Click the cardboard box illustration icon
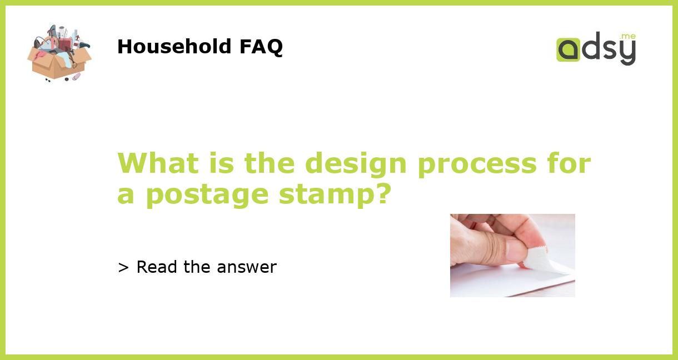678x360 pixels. [59, 53]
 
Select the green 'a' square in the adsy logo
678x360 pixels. [568, 49]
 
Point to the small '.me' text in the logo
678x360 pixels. [628, 37]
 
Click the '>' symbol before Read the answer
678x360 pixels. [123, 268]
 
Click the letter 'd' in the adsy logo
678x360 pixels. [591, 48]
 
